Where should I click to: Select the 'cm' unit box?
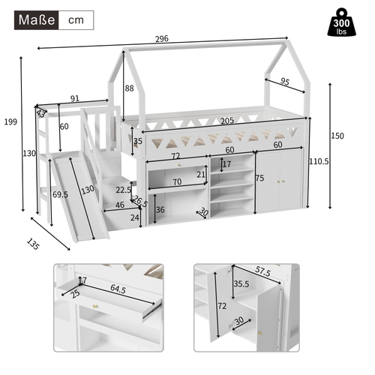[76, 19]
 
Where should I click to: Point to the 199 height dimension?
[10, 121]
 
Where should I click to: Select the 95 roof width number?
[284, 82]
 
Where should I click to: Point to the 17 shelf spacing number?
[226, 164]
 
